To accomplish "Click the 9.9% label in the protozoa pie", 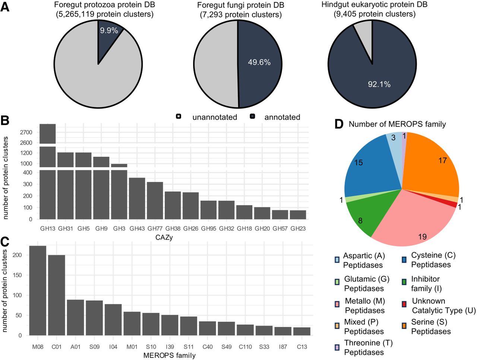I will [109, 31].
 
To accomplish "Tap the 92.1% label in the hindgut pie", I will [379, 84].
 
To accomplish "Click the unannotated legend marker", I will [179, 117].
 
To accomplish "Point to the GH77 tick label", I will [155, 228].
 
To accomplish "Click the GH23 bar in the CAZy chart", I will [298, 215].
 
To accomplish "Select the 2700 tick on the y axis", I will [26, 132].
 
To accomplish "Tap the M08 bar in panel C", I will [38, 290].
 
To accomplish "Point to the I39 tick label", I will [170, 347].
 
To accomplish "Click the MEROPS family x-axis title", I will [170, 356].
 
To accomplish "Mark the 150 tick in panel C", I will [17, 275].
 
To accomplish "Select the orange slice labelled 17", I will [432, 164].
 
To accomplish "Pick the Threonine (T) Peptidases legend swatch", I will [337, 347].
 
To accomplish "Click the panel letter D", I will [339, 124].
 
